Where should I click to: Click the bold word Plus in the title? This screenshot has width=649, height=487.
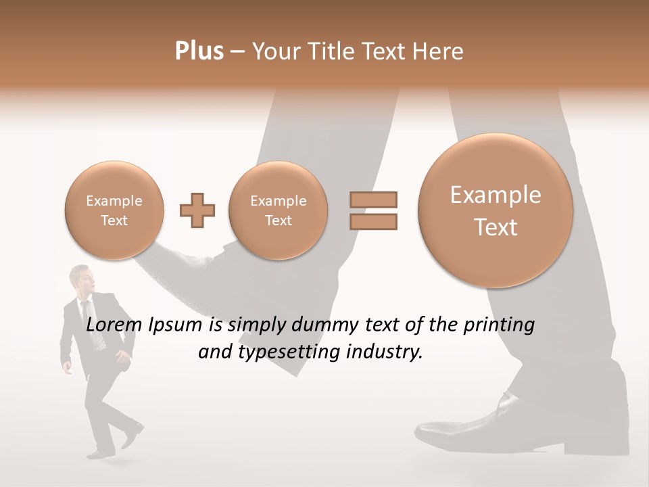199,51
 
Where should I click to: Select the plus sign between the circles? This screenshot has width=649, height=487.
197,211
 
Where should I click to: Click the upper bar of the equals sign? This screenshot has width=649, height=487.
372,200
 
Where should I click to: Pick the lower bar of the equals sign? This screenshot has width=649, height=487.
372,221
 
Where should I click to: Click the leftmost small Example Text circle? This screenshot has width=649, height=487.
114,210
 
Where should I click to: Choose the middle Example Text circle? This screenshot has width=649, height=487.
278,210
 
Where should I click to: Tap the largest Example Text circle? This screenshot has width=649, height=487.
496,210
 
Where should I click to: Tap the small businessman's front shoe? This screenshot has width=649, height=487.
133,436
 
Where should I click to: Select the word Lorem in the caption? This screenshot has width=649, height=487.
114,325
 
